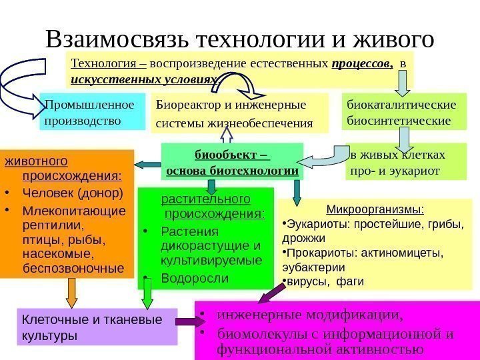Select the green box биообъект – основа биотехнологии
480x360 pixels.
(232, 162)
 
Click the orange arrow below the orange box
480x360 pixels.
(72, 292)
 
